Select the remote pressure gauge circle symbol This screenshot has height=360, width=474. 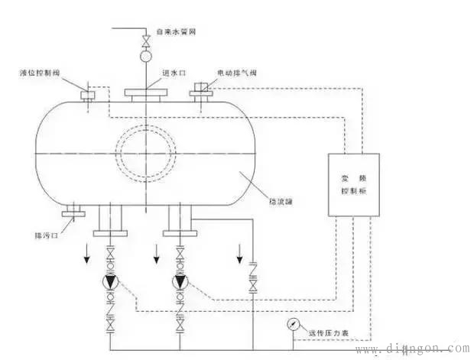294,323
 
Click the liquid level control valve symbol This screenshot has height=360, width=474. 86,95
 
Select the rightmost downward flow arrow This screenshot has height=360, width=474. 242,251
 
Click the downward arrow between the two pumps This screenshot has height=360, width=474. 157,259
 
